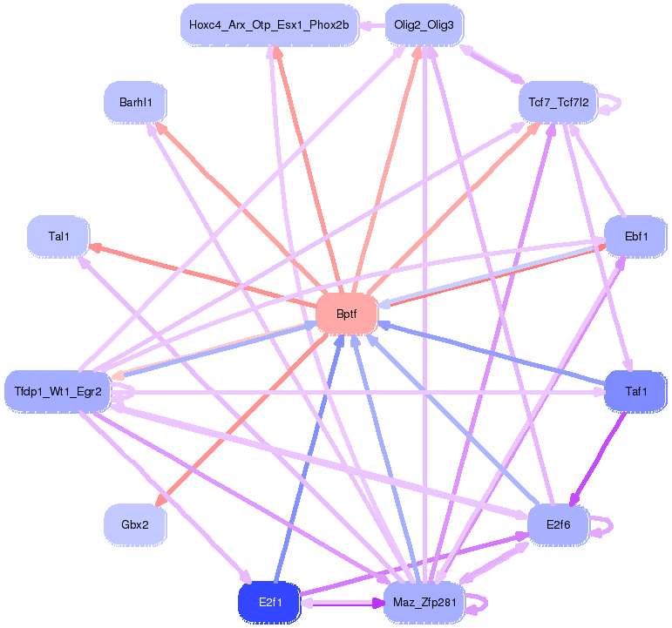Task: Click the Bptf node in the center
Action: click(346, 314)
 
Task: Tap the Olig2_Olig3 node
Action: click(424, 25)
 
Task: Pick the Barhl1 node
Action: click(135, 103)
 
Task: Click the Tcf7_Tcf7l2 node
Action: click(558, 103)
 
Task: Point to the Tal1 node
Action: click(58, 236)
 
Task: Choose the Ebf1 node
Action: click(635, 236)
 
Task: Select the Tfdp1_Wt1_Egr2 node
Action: click(58, 391)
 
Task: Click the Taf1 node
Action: click(635, 391)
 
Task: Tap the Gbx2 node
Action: click(134, 524)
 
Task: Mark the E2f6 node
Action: click(558, 524)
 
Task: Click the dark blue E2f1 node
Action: click(269, 602)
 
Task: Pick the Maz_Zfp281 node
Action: click(424, 602)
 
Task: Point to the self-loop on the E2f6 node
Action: click(607, 524)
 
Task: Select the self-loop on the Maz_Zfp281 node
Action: click(480, 602)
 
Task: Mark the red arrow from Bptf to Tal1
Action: click(200, 274)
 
